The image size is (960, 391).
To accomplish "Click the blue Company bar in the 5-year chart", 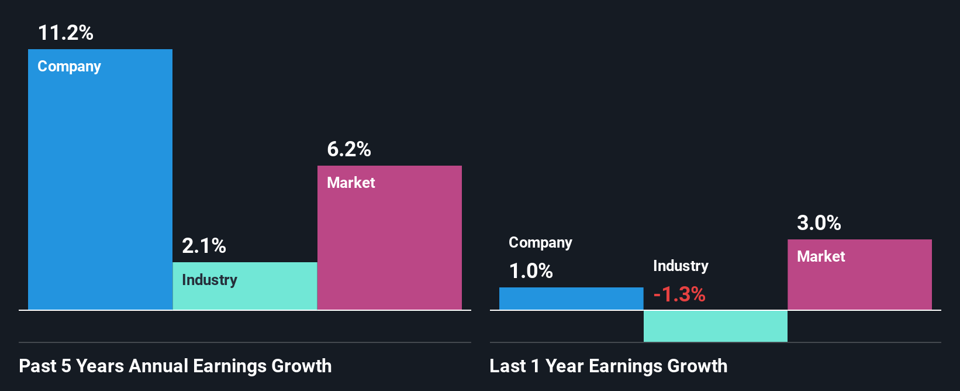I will (x=100, y=187).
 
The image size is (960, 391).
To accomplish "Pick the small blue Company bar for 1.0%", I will (x=571, y=299).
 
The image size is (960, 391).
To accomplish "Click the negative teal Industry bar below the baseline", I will (x=715, y=326).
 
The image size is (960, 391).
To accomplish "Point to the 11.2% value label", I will (x=65, y=33).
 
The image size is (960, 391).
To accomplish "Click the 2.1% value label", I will (x=203, y=246).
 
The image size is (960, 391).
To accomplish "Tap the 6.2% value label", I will (x=348, y=149).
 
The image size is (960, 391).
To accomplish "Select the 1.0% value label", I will (x=530, y=271).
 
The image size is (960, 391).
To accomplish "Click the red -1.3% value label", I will (x=679, y=294).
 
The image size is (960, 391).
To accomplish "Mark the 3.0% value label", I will (x=819, y=223).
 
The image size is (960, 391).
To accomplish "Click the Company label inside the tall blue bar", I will (x=69, y=67).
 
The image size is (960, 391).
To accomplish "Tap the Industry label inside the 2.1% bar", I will (x=209, y=280).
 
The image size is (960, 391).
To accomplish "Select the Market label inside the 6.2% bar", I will (x=351, y=183).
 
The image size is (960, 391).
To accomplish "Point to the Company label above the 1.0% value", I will (x=540, y=243).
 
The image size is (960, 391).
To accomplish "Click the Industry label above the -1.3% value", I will (x=681, y=266).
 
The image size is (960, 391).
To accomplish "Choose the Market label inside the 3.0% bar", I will (x=821, y=256).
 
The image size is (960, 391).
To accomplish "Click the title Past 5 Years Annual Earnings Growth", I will (x=175, y=366).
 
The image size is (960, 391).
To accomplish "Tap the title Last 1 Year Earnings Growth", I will (x=608, y=366).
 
